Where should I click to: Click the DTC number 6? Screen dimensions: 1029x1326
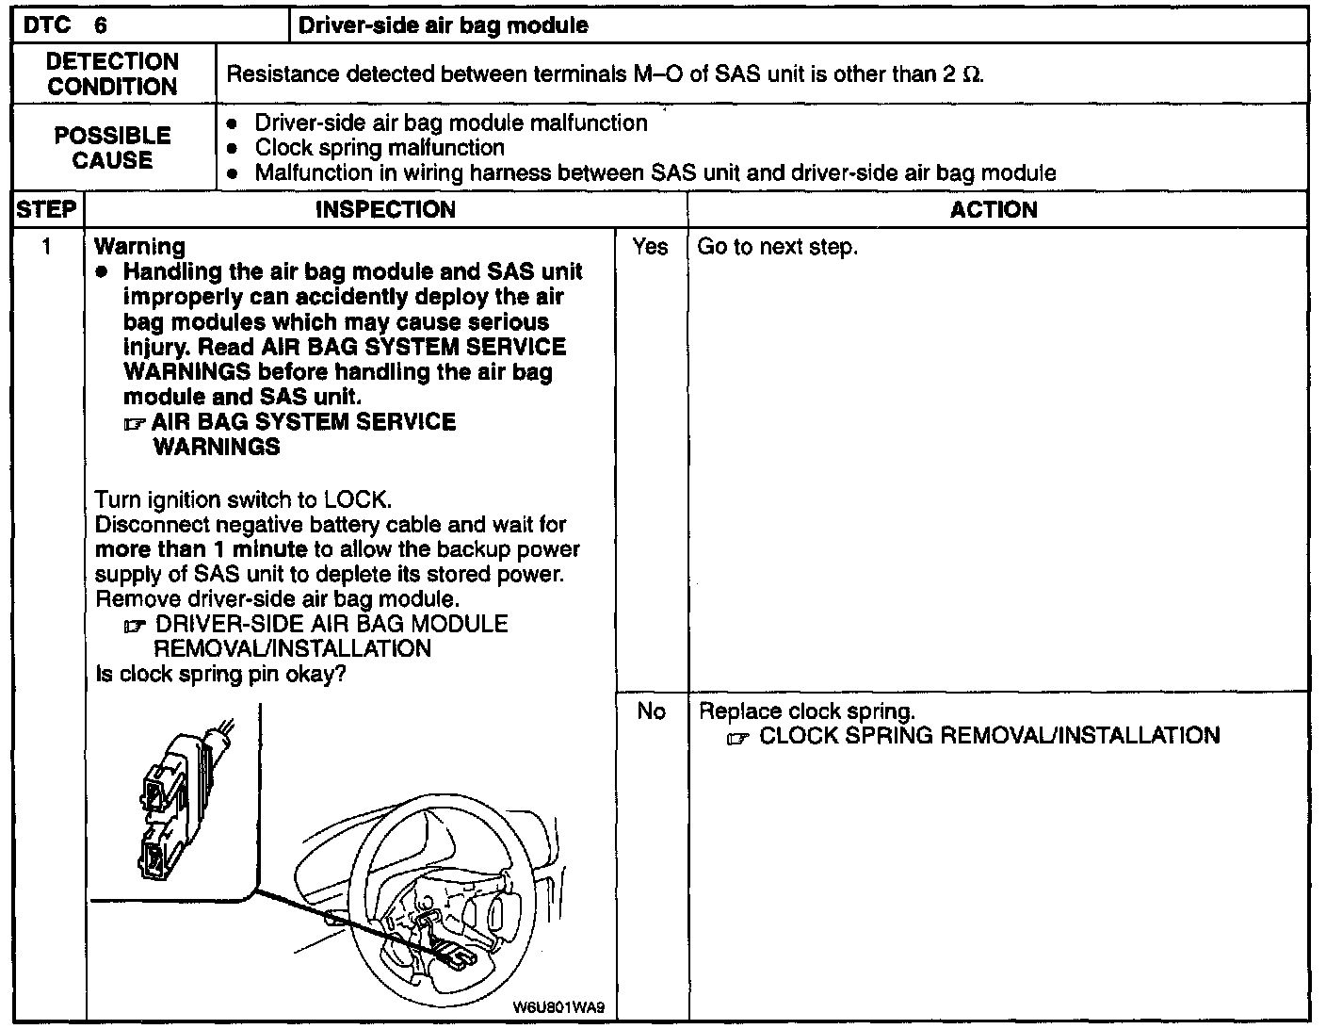[x=101, y=24]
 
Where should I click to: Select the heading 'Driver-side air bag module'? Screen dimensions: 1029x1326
[x=443, y=25]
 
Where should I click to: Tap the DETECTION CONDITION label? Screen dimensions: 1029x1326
[x=112, y=73]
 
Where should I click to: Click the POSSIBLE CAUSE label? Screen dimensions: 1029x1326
[x=112, y=148]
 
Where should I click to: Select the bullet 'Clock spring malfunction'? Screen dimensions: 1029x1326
[x=379, y=148]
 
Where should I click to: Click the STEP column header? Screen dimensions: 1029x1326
[x=45, y=209]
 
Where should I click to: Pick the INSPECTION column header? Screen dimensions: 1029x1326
[x=385, y=209]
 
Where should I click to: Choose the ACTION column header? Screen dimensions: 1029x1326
[x=994, y=209]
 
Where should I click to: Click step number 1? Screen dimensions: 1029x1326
[x=46, y=247]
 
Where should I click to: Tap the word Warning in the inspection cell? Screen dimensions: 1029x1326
[x=140, y=247]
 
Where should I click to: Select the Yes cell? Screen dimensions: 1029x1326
[x=650, y=247]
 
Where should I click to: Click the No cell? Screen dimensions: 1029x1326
[x=651, y=711]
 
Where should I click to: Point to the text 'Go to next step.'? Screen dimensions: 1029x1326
[x=777, y=247]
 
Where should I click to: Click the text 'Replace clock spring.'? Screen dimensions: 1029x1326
[x=806, y=711]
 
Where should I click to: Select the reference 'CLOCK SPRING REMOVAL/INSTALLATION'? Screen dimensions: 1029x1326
[x=989, y=736]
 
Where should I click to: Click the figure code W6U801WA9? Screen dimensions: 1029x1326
[x=558, y=1006]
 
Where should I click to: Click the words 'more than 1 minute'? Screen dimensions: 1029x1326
[x=201, y=549]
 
